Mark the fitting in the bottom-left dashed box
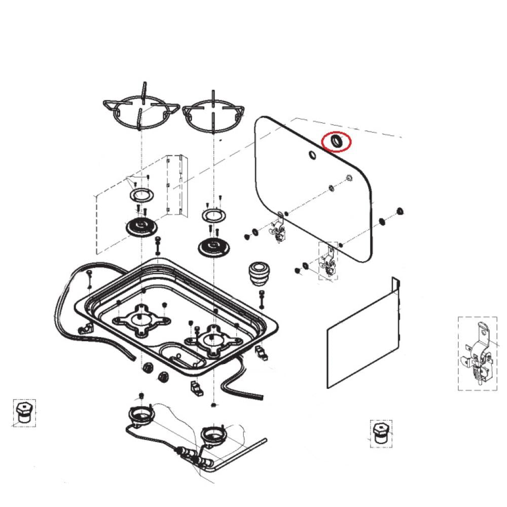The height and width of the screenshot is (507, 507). tap(23, 413)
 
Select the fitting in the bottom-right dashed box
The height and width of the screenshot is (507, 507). tap(381, 433)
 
